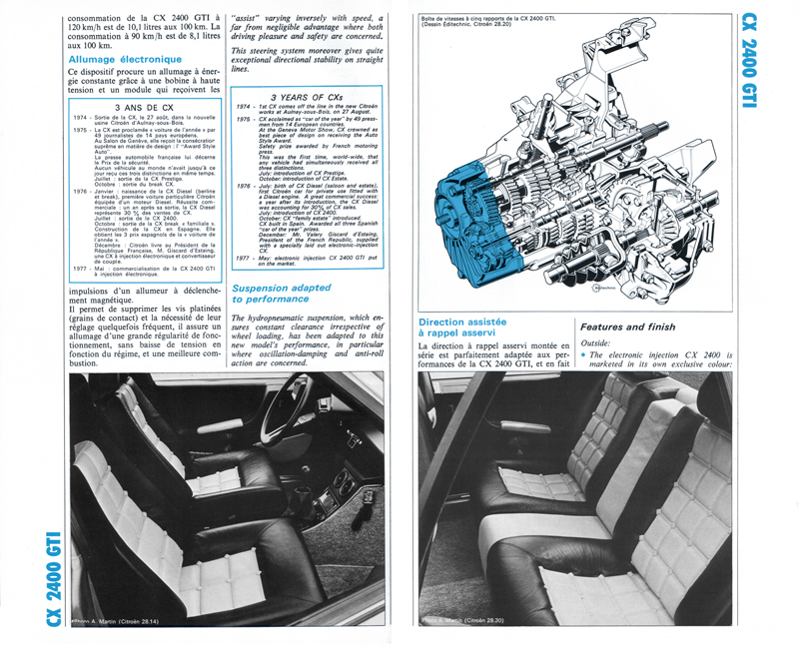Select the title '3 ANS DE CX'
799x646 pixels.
[144, 105]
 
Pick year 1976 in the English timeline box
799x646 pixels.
[244, 186]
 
